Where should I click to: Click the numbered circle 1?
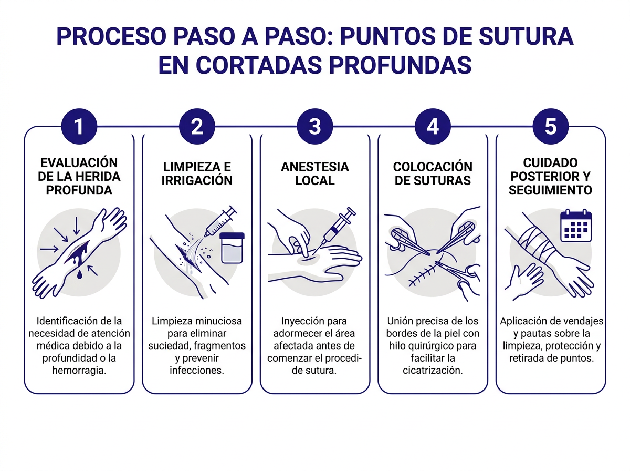pos(79,127)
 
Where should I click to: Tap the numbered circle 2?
pos(197,127)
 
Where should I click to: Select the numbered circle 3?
pos(314,127)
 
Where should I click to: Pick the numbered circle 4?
pos(433,127)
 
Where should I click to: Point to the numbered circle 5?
pos(550,127)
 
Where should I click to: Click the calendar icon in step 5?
pos(576,226)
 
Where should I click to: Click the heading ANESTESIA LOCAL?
pos(314,173)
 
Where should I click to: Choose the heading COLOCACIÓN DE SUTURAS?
pos(433,173)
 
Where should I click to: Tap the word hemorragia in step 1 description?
pos(79,370)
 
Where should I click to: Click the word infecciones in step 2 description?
pos(197,370)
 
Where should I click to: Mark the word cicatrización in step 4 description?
pos(433,370)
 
